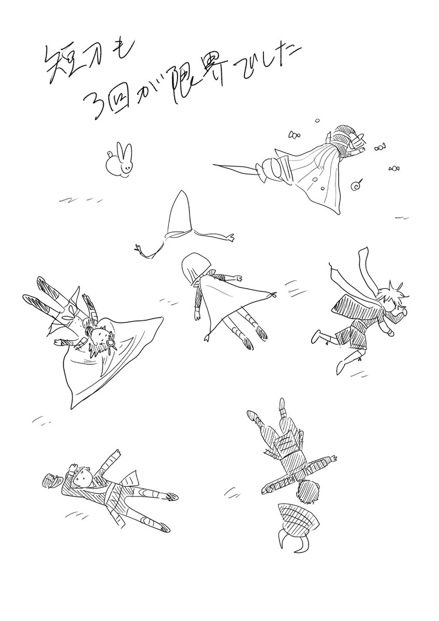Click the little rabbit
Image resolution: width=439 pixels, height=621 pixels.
(119, 161)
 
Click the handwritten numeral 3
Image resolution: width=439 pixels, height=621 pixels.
(98, 106)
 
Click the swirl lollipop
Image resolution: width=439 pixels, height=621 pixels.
(356, 186)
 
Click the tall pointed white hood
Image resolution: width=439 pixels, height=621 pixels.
(181, 212)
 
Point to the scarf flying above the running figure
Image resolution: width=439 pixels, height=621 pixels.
(365, 270)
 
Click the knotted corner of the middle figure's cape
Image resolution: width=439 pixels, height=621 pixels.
(274, 295)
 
